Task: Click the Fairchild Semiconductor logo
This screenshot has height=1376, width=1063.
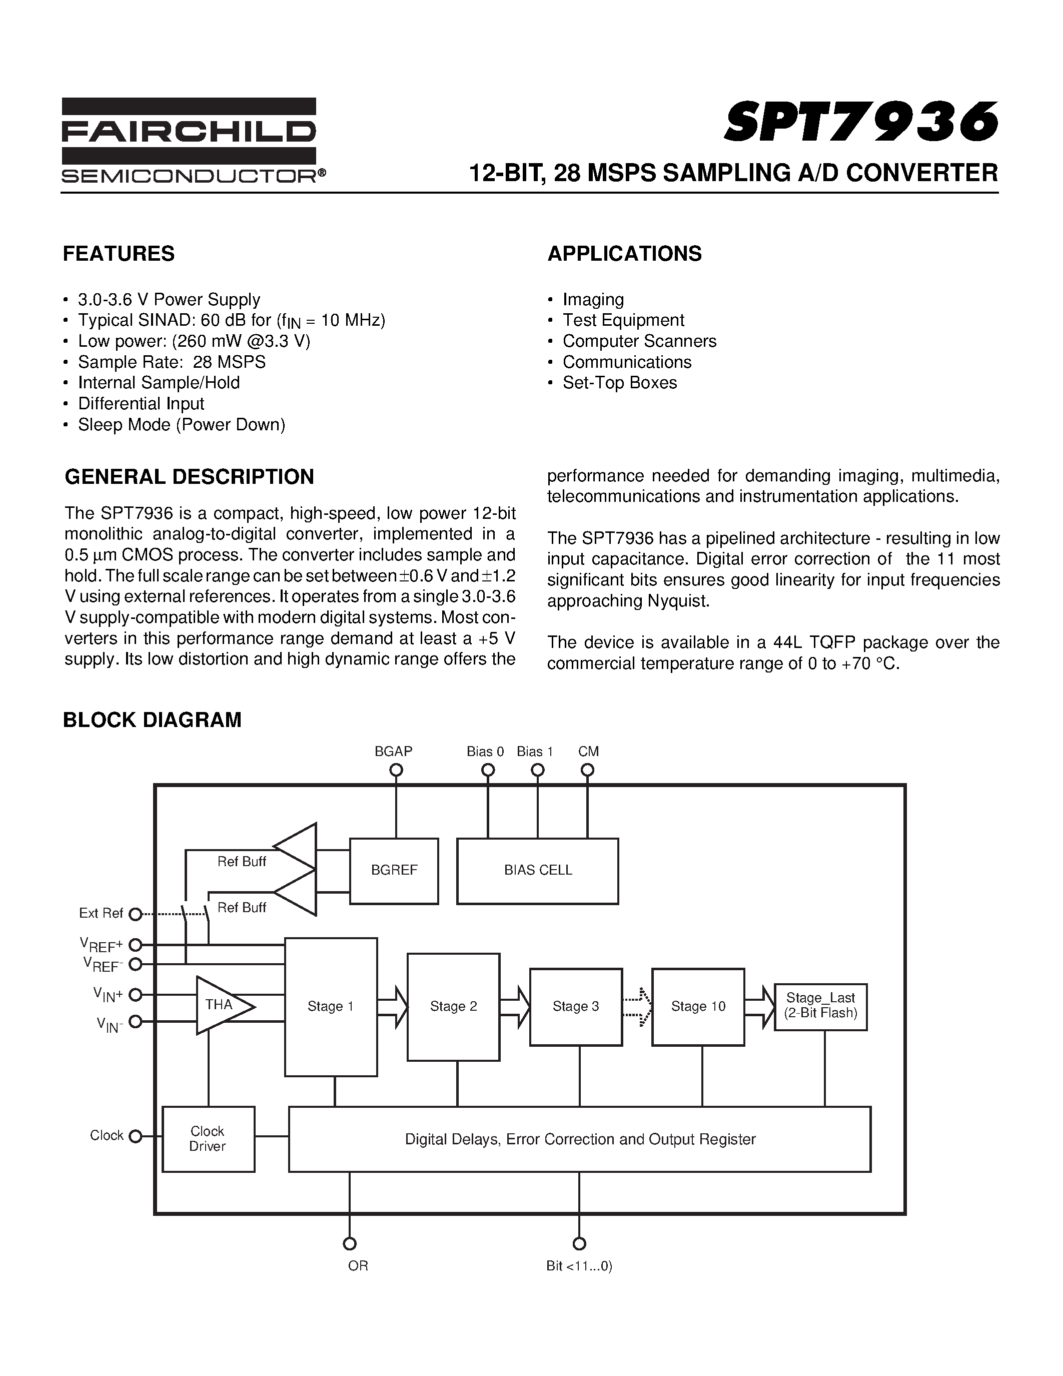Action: pos(189,140)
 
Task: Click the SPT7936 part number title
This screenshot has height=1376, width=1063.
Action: pos(861,121)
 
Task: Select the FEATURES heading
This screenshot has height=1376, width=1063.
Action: pos(119,253)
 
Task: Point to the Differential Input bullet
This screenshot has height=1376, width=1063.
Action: pos(141,403)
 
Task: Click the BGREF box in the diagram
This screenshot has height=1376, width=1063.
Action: pos(394,870)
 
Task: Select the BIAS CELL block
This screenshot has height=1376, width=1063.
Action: pos(537,870)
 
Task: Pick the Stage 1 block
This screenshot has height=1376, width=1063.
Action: pos(331,1006)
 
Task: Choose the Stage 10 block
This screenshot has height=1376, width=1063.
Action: pos(698,1006)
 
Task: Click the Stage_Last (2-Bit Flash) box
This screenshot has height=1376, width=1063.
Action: pos(820,1006)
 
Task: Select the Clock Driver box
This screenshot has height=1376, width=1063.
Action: pos(208,1138)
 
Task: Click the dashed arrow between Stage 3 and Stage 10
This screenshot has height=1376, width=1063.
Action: pos(637,1006)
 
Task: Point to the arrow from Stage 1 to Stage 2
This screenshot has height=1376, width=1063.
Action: pos(392,1006)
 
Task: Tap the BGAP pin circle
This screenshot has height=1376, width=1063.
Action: pos(396,770)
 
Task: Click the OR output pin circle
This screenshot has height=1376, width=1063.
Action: pos(350,1243)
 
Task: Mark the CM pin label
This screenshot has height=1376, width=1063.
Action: pos(588,751)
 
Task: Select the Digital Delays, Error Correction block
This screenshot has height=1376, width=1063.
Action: pos(579,1138)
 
